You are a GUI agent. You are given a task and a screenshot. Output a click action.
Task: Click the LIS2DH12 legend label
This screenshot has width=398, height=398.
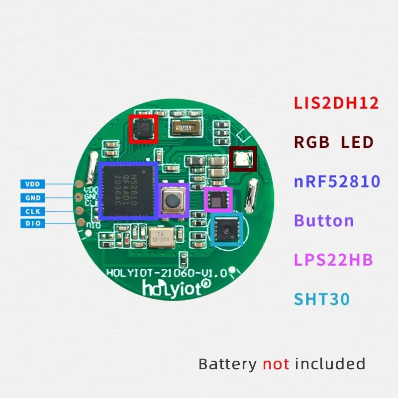(336, 103)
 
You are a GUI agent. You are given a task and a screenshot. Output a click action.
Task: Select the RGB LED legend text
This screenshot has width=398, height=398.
(333, 143)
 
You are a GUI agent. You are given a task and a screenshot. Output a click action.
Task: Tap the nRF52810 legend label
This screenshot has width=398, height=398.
(337, 181)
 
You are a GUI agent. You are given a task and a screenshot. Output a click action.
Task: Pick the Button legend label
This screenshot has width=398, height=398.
(324, 220)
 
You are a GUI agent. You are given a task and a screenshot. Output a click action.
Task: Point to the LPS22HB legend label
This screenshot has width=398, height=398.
(333, 260)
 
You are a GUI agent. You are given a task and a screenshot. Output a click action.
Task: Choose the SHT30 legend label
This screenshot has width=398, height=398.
(322, 299)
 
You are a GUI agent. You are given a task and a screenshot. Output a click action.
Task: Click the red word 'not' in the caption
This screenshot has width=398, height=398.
(276, 364)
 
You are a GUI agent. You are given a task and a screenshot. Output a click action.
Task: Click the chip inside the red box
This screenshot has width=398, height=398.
(143, 129)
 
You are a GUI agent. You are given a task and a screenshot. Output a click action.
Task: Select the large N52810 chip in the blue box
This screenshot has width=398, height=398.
(128, 190)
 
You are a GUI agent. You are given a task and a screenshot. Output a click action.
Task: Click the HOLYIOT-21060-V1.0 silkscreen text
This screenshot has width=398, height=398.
(167, 273)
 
